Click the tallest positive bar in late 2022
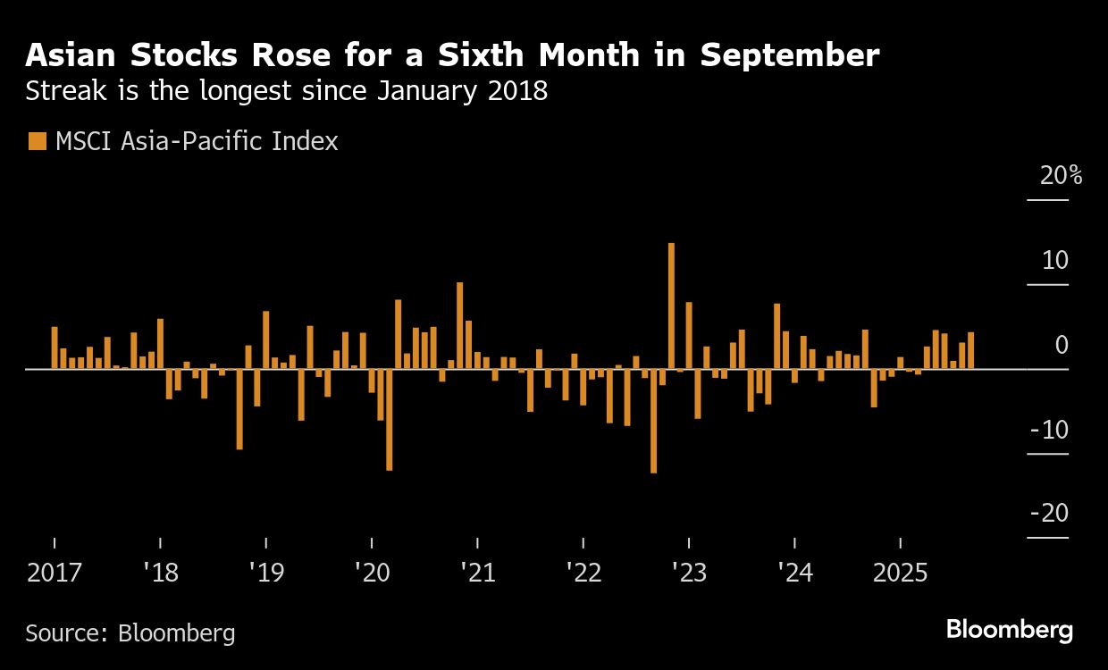(x=671, y=306)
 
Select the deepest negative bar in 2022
(x=653, y=420)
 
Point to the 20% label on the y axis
(x=1061, y=176)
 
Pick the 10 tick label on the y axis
(x=1054, y=261)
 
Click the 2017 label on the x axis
(x=54, y=573)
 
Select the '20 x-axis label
(x=372, y=573)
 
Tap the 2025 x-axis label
(x=900, y=573)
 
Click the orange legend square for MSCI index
(x=37, y=141)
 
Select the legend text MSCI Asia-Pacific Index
(x=197, y=141)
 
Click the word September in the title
(x=789, y=55)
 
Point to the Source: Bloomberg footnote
(x=130, y=633)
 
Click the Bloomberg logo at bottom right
(x=1009, y=630)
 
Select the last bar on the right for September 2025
(x=970, y=350)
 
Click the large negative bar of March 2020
(x=389, y=419)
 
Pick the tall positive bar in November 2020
(x=459, y=325)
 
